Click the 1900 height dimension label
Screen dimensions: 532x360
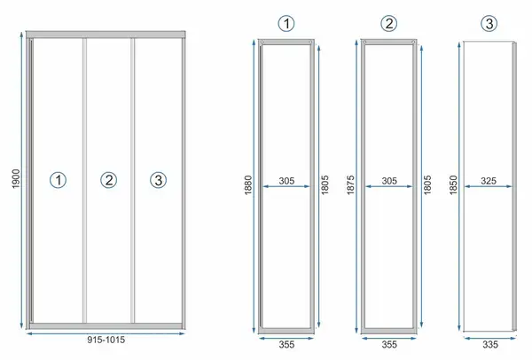click(16, 179)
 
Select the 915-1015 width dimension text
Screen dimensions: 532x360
click(106, 340)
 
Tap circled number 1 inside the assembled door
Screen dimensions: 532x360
click(59, 180)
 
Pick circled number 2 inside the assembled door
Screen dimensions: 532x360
click(108, 180)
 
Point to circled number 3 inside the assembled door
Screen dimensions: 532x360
click(159, 180)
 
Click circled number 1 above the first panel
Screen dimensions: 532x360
click(286, 24)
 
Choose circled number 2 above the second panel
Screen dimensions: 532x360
click(389, 24)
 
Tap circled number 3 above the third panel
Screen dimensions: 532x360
click(489, 24)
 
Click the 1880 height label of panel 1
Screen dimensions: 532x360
click(248, 185)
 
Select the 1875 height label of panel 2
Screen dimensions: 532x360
click(351, 185)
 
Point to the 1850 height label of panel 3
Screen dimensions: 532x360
click(453, 185)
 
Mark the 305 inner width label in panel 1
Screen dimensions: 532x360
click(286, 181)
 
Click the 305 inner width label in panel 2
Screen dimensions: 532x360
click(389, 181)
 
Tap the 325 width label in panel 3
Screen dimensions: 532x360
click(489, 181)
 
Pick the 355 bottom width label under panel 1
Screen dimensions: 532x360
click(286, 345)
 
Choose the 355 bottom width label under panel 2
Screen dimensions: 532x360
click(389, 345)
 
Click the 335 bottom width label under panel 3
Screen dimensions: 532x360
click(490, 345)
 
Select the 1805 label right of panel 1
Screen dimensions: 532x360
click(325, 185)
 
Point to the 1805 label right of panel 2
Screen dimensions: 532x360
click(427, 185)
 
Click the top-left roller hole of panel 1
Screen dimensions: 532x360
click(262, 42)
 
